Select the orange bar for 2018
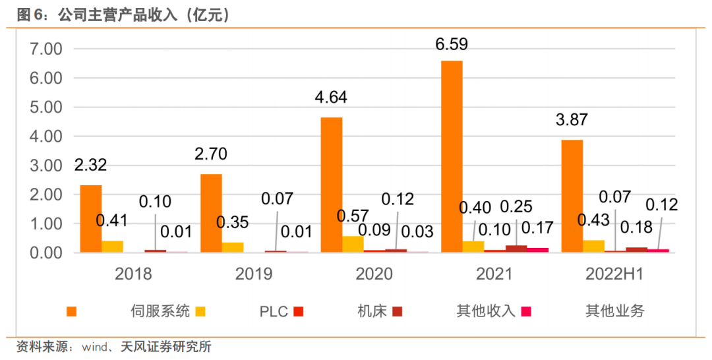pyautogui.click(x=91, y=218)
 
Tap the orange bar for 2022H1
pyautogui.click(x=572, y=196)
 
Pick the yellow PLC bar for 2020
pyautogui.click(x=353, y=244)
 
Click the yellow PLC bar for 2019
pyautogui.click(x=233, y=247)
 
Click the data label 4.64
pyautogui.click(x=330, y=98)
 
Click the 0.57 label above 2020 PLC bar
pyautogui.click(x=353, y=216)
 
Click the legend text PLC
pyautogui.click(x=274, y=311)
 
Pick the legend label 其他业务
pyautogui.click(x=614, y=311)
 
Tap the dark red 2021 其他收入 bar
pyautogui.click(x=516, y=249)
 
